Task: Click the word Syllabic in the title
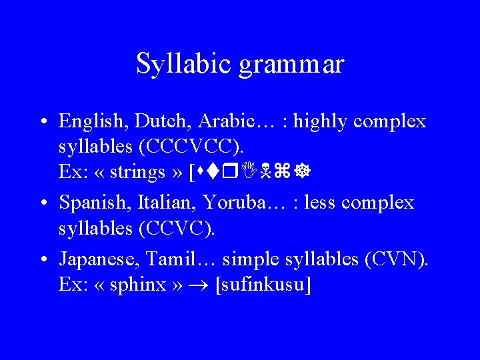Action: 175,64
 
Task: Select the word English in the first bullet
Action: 93,121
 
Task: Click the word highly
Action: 323,121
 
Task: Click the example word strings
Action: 139,172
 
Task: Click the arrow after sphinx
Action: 201,285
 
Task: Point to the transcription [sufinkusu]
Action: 265,285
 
